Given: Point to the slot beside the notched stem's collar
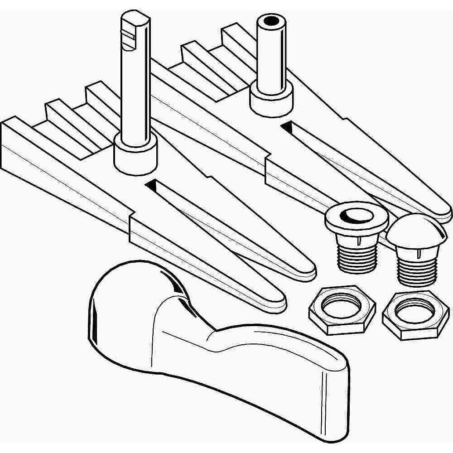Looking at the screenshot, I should tap(152, 185).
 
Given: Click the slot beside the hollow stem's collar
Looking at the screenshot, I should tap(288, 127).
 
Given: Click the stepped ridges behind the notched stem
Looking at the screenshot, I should tap(68, 122).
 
